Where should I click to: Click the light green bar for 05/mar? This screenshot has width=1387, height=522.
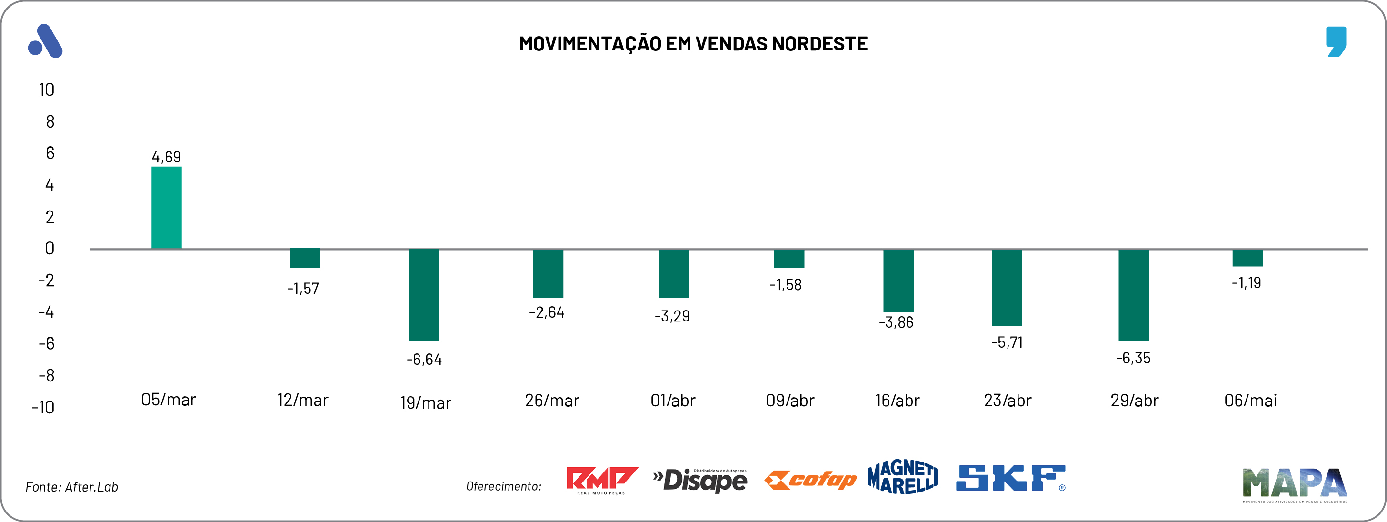[166, 208]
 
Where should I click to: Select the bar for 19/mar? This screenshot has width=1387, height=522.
[424, 295]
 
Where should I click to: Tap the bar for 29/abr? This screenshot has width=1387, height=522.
[1133, 295]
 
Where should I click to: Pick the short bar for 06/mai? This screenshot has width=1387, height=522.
[1247, 258]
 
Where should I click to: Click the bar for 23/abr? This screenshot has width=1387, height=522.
[1007, 287]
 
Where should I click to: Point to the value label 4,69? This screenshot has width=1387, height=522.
[166, 157]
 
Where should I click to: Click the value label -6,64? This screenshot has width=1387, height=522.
[424, 359]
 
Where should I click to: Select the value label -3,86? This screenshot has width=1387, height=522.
[897, 322]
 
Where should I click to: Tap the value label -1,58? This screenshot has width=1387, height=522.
[786, 284]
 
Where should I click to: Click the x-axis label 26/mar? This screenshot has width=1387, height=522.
[552, 400]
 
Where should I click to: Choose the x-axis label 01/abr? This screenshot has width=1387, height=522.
[673, 400]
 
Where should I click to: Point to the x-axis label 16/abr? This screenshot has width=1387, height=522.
[898, 400]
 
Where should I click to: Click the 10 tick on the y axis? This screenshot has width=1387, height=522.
[47, 90]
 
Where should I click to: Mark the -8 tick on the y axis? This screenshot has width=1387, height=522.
[47, 375]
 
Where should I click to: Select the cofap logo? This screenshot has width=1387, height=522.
[810, 480]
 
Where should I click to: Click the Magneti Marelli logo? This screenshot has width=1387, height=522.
[902, 477]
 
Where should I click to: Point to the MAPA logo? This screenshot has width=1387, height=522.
[1295, 484]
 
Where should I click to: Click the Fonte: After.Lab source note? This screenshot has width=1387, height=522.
[71, 487]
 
